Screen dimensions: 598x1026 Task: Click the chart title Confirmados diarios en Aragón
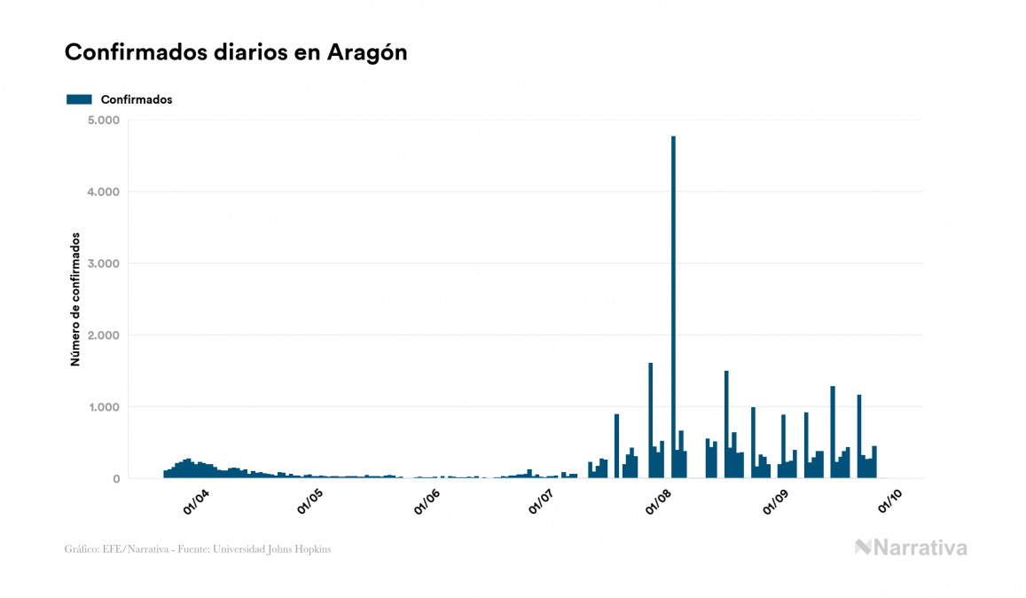click(236, 52)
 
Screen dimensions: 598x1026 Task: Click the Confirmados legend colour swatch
click(79, 99)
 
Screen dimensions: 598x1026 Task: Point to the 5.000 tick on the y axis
click(105, 120)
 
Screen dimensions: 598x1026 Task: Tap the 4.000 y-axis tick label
click(105, 192)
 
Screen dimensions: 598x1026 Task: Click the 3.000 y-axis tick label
click(105, 264)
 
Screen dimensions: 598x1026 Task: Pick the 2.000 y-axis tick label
click(105, 335)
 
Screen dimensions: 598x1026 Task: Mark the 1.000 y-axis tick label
click(106, 407)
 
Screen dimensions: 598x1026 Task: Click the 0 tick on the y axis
click(115, 479)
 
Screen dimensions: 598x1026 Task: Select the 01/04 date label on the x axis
click(196, 502)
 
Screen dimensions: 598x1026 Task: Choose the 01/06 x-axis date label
click(427, 502)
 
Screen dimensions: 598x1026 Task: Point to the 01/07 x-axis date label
click(541, 502)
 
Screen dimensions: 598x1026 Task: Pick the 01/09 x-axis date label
click(776, 502)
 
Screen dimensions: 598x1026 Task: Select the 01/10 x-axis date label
click(890, 502)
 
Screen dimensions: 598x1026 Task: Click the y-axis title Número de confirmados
click(75, 300)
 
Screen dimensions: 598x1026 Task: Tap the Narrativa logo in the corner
click(911, 547)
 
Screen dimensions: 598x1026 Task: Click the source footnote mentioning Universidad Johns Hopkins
click(198, 549)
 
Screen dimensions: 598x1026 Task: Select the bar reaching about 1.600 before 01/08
click(651, 421)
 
